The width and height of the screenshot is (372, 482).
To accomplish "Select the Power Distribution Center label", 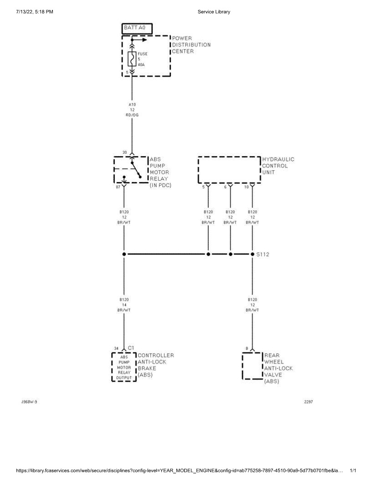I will pos(191,45).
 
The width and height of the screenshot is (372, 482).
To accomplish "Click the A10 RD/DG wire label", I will pos(132,110).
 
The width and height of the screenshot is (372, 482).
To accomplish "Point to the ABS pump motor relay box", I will pos(130,169).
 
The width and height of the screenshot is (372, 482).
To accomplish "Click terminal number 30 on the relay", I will pos(124,152).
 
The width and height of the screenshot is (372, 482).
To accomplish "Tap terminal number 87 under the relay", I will pos(118,187).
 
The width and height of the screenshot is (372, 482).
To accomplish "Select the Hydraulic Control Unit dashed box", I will pos(229,170).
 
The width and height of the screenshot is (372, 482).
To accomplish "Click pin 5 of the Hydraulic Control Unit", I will pos(203,187).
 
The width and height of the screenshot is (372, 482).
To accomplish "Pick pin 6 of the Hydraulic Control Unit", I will pos(225,187).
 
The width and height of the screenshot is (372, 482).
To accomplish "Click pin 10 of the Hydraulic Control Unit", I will pos(247,187).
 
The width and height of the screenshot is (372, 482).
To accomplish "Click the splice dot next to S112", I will pos(253,254).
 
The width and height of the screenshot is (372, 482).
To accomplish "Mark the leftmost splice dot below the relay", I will pos(124,254).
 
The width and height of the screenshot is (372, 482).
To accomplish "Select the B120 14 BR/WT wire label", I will pos(124,304).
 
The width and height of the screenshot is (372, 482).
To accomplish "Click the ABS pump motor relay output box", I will pos(124,367).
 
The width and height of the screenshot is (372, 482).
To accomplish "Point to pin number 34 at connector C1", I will pos(116,349).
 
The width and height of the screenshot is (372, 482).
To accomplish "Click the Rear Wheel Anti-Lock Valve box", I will pos(253,366).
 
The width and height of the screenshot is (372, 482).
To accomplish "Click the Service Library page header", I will pos(214,11).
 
